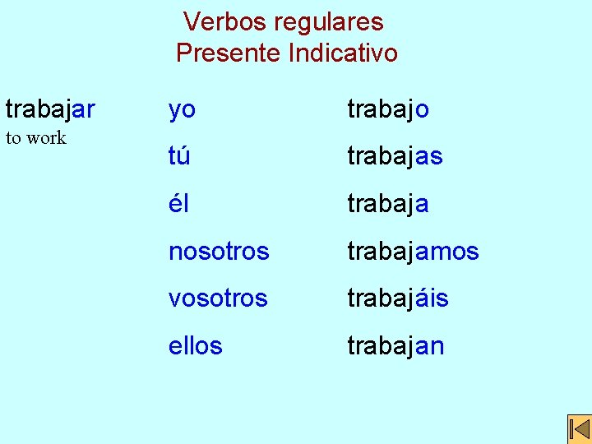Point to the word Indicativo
343,53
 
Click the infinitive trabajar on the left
50,109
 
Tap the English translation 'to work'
35,137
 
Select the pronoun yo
182,109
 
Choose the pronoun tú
179,156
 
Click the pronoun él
178,203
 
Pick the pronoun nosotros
219,251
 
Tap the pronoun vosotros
218,298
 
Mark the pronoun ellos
195,345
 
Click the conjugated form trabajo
388,109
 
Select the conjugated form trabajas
395,156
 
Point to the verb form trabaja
388,203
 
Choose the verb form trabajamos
413,251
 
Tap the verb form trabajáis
398,298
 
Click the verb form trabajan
395,345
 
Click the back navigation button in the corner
579,430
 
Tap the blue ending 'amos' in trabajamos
446,251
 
